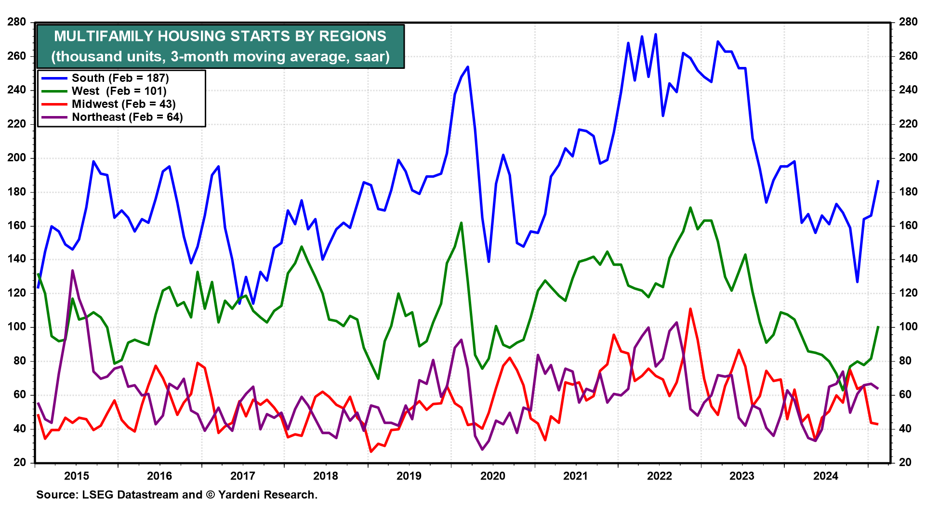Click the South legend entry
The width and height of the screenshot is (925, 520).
click(120, 78)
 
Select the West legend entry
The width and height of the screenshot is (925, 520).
click(119, 91)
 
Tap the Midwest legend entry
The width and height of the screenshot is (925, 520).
click(123, 104)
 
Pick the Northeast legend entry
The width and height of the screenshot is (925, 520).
click(127, 117)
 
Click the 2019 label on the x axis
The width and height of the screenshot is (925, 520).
click(409, 476)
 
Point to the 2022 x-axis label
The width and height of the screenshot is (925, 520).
click(659, 476)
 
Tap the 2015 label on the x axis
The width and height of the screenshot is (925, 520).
click(76, 476)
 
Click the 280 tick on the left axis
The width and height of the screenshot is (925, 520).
click(17, 22)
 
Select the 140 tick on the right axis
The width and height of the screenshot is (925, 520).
click(908, 260)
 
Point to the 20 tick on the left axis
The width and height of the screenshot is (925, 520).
click(20, 463)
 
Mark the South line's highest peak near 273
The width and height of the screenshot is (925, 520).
click(655, 34)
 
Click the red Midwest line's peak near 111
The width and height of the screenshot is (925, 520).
click(690, 309)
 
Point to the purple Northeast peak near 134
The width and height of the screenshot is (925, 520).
click(72, 271)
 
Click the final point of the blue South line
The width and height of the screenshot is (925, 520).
click(878, 181)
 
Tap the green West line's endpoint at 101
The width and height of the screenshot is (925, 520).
click(878, 326)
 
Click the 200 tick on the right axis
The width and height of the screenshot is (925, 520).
click(908, 158)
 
